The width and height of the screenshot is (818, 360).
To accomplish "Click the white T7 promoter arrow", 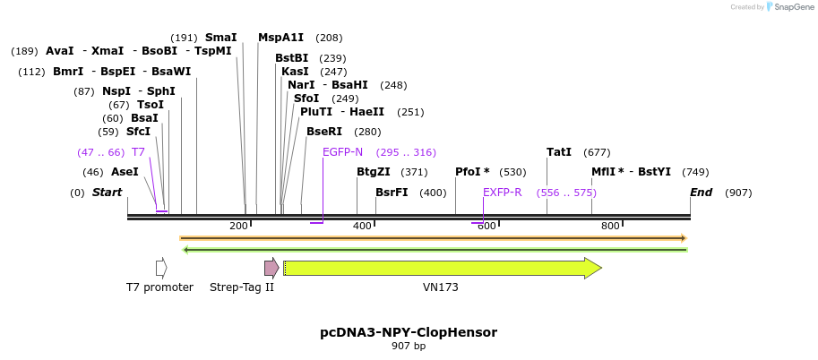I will [161, 268].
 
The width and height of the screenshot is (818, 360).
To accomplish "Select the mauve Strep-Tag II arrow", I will [271, 268].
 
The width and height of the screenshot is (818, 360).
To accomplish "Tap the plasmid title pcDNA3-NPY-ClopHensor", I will [409, 332].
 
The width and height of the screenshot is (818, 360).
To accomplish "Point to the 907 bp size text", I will [409, 347].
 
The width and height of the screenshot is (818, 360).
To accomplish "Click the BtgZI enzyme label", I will [374, 172].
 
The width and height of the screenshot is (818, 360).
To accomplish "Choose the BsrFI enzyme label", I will [392, 193].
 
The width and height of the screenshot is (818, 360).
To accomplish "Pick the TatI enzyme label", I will [559, 152].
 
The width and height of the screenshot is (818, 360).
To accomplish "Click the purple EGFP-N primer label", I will [342, 152].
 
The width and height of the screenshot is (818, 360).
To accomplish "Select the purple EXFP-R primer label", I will [503, 193].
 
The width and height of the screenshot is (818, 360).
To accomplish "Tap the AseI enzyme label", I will [125, 172].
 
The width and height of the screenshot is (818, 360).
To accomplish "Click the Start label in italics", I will [107, 193].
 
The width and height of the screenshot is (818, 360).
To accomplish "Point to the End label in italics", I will [701, 193].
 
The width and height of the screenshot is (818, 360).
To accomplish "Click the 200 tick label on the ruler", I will [238, 226].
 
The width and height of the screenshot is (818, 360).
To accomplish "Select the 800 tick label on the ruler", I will [610, 226].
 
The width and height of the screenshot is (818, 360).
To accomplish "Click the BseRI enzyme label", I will [324, 132].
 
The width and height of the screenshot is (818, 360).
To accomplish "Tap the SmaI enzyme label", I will [220, 38].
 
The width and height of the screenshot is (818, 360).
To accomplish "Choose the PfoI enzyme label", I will [472, 172].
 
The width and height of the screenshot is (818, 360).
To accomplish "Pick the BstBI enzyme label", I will [291, 58].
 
